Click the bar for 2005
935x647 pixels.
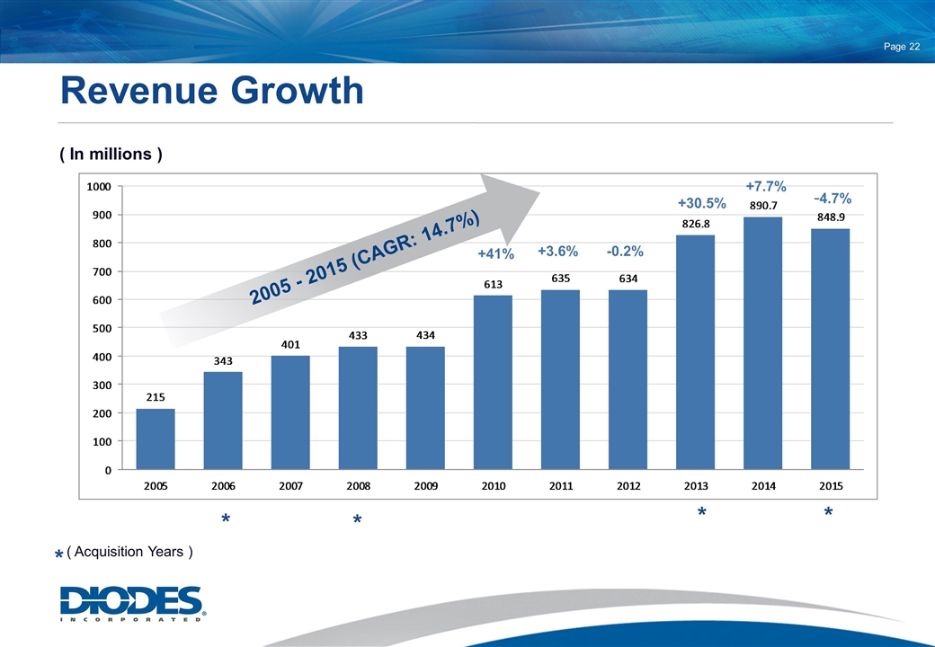click(x=156, y=439)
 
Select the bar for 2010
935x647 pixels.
click(x=493, y=382)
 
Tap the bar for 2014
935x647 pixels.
click(x=762, y=343)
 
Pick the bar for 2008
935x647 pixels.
click(x=358, y=408)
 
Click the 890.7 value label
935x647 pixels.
click(x=762, y=207)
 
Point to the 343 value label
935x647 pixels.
click(x=223, y=361)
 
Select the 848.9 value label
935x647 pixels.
click(x=831, y=217)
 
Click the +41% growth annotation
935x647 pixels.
click(x=495, y=254)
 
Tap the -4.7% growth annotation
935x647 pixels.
click(x=833, y=198)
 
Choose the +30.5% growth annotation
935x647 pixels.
click(x=701, y=203)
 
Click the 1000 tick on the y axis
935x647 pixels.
click(x=98, y=186)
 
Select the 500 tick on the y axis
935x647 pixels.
click(x=101, y=328)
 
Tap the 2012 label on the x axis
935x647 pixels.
click(x=628, y=486)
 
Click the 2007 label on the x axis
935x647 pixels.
click(x=290, y=486)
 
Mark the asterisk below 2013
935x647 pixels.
click(x=701, y=513)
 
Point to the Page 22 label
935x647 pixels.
click(x=900, y=48)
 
